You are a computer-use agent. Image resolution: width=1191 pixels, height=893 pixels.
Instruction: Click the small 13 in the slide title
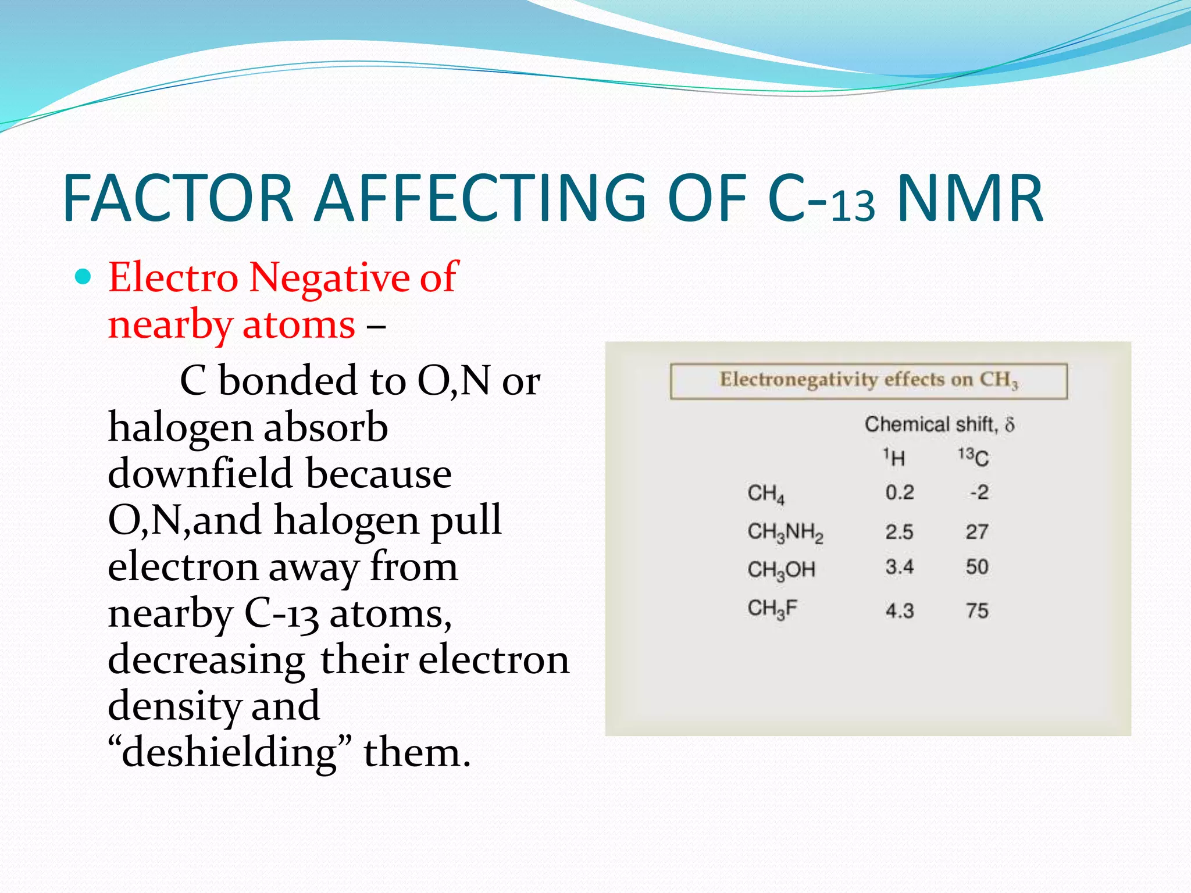click(853, 206)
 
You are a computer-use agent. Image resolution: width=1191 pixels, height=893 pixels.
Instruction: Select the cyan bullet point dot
click(84, 277)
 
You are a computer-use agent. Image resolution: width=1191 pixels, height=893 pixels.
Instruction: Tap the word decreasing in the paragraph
click(206, 660)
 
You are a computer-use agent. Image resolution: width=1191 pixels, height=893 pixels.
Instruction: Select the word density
click(174, 707)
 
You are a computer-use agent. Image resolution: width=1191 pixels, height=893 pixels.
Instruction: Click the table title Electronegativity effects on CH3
click(869, 381)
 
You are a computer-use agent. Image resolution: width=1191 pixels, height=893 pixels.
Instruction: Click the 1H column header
click(894, 458)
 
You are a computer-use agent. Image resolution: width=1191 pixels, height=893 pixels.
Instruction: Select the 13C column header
click(974, 458)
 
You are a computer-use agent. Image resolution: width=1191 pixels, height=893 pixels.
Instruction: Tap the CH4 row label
click(766, 494)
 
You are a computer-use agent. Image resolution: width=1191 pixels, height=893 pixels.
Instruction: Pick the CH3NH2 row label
click(785, 532)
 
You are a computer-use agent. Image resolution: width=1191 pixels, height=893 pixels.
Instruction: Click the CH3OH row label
click(781, 570)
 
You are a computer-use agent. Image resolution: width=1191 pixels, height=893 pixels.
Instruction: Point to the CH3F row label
click(772, 609)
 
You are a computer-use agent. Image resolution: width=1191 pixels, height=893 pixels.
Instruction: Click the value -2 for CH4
click(979, 493)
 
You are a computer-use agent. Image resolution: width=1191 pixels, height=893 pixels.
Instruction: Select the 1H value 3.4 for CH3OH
click(900, 567)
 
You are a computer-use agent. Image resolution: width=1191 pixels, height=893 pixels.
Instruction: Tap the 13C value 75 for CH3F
click(977, 611)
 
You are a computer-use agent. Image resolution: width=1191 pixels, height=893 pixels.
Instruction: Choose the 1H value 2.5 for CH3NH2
click(899, 532)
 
